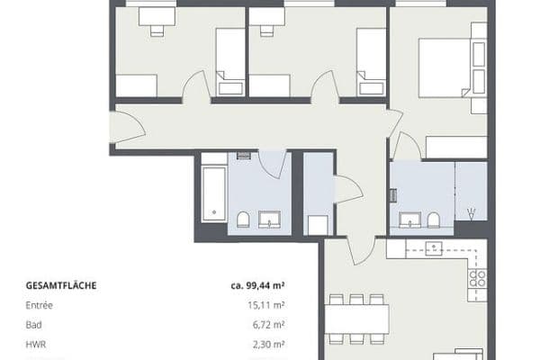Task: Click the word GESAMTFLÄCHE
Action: tap(60, 286)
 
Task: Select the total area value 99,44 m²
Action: tap(258, 286)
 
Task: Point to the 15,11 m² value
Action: tap(266, 306)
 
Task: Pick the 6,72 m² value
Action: tap(269, 325)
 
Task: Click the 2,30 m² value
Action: tap(269, 344)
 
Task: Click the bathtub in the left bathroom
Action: tap(213, 192)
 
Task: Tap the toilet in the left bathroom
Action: tap(243, 220)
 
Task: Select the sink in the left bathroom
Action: tap(269, 219)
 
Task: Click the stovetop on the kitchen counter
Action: tap(478, 280)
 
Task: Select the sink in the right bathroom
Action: tap(411, 219)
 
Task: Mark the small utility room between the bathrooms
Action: tap(319, 193)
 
